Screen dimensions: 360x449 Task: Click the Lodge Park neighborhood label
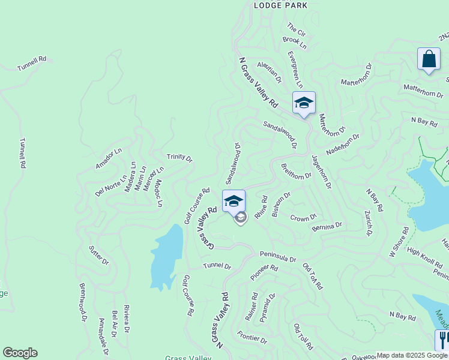click(280, 5)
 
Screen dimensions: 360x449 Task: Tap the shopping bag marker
click(429, 59)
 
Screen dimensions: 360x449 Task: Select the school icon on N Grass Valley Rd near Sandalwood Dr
click(304, 103)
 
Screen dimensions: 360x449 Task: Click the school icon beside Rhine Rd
click(234, 201)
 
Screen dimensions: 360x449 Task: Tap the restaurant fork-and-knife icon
click(442, 340)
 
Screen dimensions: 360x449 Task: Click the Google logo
click(20, 353)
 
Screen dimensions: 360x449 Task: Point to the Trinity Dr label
click(179, 158)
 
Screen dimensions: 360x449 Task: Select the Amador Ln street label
click(108, 158)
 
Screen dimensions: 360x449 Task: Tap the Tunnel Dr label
click(217, 266)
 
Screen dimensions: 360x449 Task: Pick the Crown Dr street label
click(303, 217)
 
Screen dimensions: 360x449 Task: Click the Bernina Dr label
click(327, 227)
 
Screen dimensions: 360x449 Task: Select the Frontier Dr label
click(252, 337)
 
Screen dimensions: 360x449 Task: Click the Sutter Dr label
click(98, 255)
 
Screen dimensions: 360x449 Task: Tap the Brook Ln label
click(294, 43)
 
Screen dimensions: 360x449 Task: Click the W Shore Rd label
click(399, 242)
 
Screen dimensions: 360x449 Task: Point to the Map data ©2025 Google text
click(412, 355)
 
